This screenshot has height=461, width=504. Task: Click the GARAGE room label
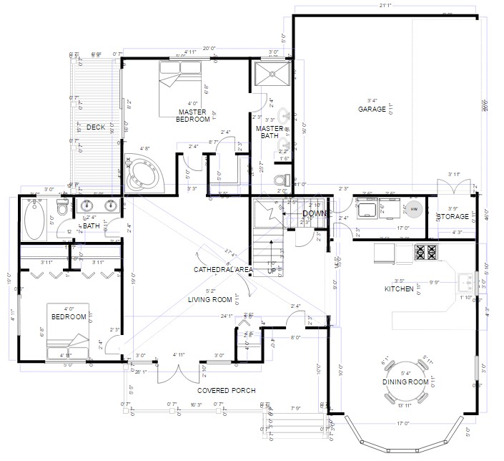[x=372, y=110]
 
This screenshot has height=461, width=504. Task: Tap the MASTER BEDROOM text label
[x=194, y=116]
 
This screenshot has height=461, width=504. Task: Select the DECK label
[x=96, y=127]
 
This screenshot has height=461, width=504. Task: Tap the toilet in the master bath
[x=285, y=178]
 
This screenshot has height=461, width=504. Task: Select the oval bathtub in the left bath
[x=34, y=219]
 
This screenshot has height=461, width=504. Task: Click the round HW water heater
[x=414, y=209]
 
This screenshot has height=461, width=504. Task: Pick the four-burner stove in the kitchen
[x=426, y=251]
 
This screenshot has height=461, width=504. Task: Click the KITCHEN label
[x=399, y=289]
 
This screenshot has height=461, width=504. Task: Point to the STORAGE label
[x=453, y=217]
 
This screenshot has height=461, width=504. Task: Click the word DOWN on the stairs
[x=314, y=213]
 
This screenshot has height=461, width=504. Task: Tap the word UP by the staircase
[x=272, y=272]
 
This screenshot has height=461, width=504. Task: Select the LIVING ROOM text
[x=209, y=300]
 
